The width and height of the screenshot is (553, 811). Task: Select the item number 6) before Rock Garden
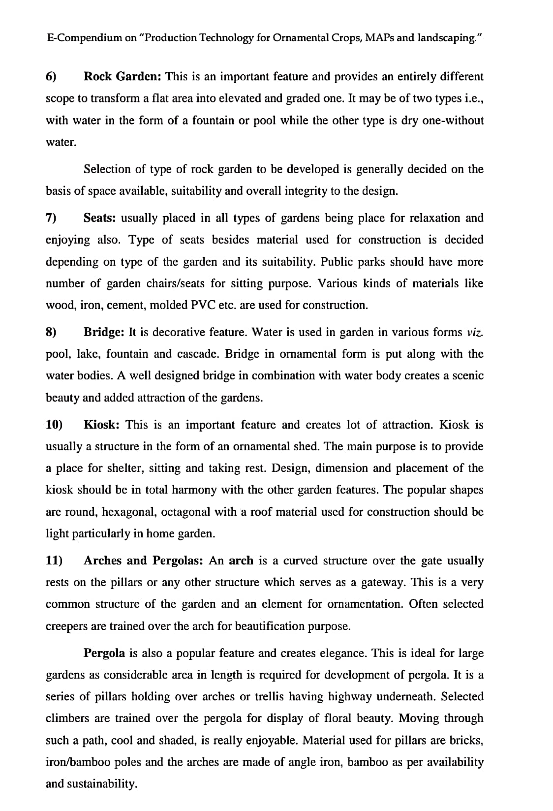51,77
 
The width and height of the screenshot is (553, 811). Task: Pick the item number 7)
51,218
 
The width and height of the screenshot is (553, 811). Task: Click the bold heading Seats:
100,218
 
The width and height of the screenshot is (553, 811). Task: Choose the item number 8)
51,332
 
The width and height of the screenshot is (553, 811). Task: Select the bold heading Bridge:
104,332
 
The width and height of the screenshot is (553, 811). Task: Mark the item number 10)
54,425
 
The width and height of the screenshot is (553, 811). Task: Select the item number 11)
54,561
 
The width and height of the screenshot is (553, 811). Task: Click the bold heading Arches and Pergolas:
144,561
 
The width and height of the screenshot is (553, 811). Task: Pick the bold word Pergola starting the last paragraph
104,653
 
